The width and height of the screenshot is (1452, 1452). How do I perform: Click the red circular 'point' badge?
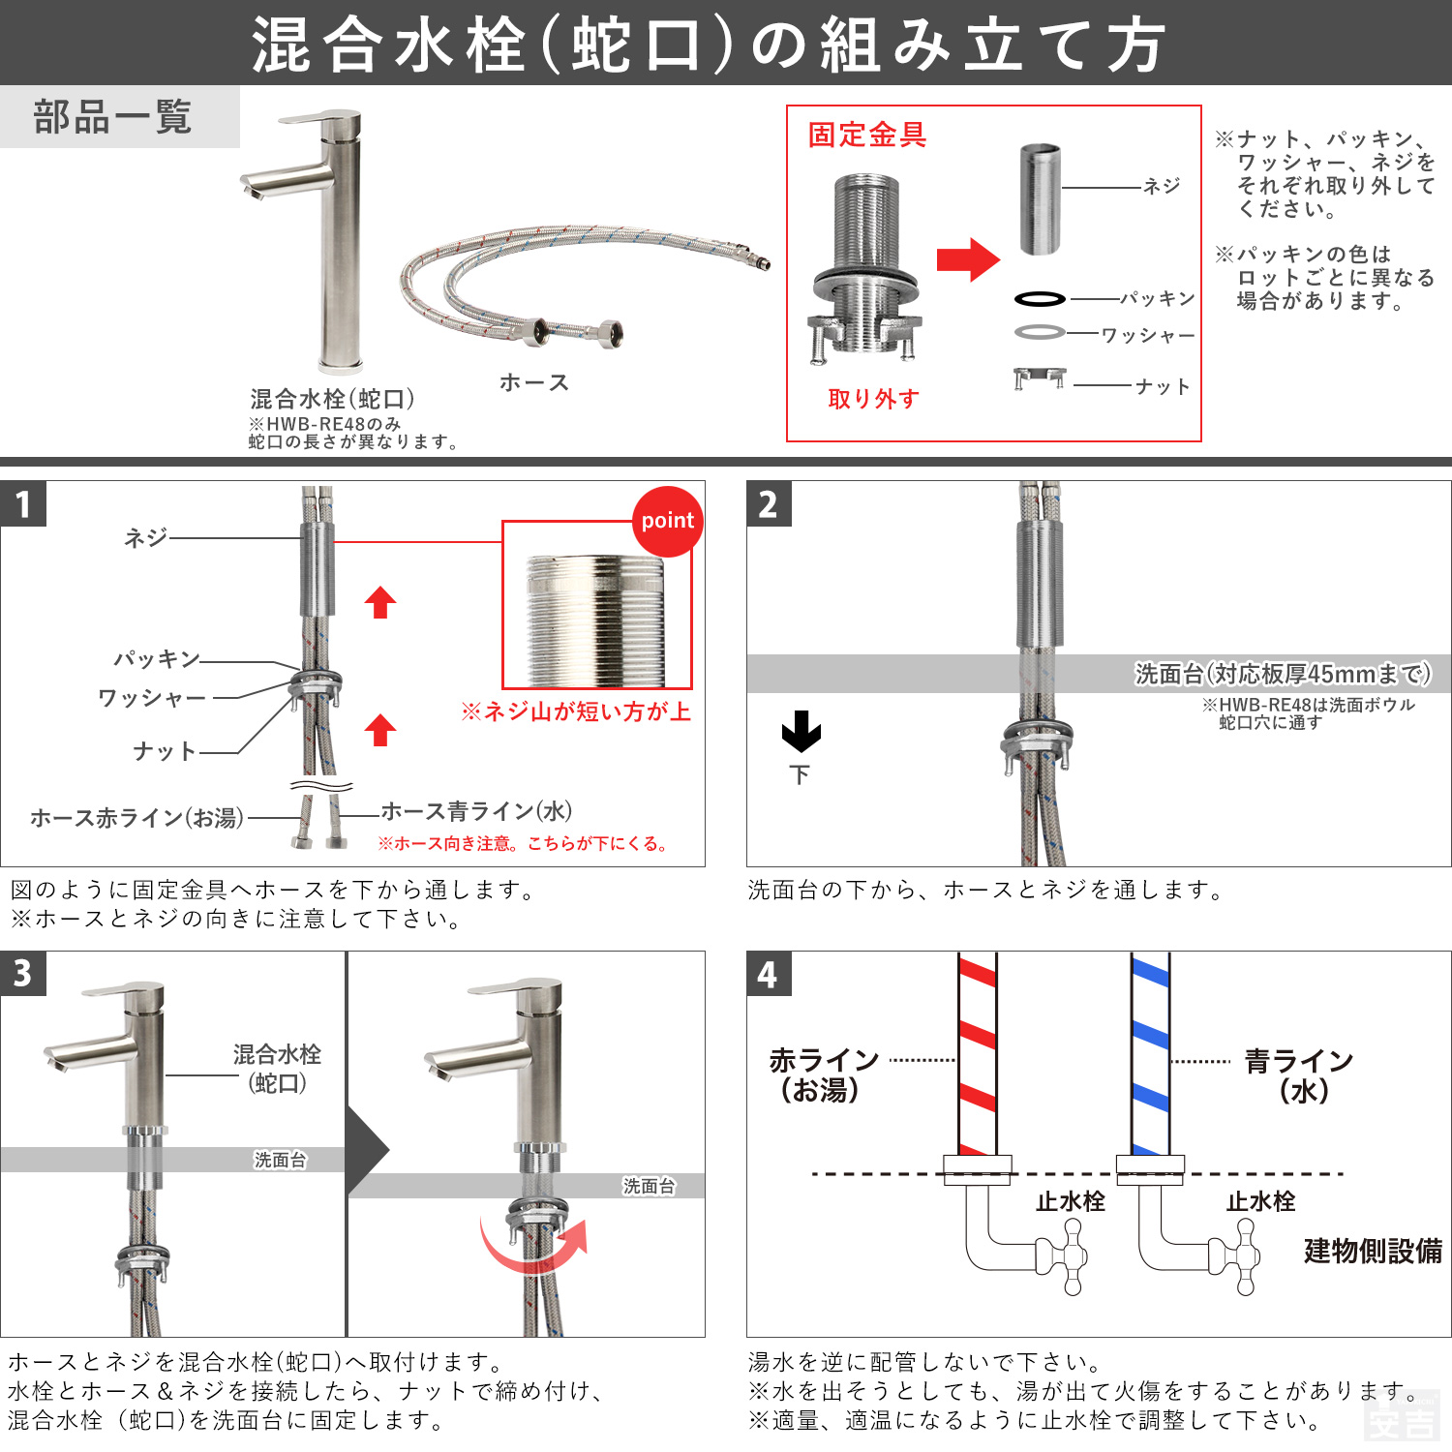pos(667,521)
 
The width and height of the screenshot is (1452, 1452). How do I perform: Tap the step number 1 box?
pos(23,504)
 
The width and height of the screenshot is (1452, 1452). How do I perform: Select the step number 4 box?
pos(769,974)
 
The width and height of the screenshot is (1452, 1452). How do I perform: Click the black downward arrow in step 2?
pos(801,732)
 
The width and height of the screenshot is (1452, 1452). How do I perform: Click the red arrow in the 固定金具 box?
pos(967,259)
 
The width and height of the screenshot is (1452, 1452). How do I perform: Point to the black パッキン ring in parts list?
pos(1040,299)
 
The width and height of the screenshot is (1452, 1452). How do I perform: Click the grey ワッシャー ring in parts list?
pos(1040,332)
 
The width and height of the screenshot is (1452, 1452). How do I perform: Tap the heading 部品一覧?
pos(113,117)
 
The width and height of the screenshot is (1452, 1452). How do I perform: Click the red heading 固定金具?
pos(867,135)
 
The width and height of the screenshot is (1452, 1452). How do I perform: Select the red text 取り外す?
pos(873,399)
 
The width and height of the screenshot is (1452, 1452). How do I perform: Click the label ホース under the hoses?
pos(533,382)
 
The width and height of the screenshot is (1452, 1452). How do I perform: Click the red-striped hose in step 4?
pos(977,1055)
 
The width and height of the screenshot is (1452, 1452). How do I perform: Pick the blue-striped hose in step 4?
pos(1150,1055)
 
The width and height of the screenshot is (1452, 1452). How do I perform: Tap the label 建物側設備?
pos(1372,1251)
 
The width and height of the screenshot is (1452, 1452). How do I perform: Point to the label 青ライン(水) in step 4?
pos(1299,1075)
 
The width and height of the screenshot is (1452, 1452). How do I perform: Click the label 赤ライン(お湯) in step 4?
pos(823,1075)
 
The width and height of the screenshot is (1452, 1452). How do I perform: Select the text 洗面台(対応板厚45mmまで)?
pos(1282,674)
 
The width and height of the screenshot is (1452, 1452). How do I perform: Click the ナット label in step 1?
pos(165,751)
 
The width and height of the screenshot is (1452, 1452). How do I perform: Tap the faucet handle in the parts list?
pos(320,121)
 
